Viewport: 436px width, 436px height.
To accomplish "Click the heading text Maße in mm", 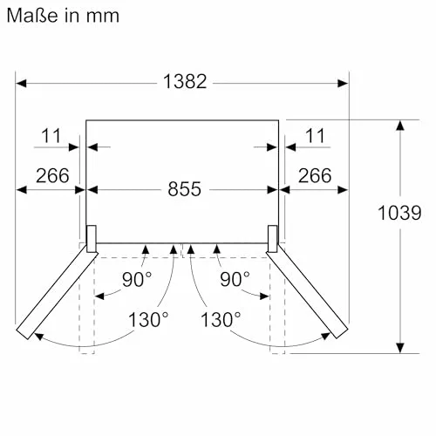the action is click(63, 16).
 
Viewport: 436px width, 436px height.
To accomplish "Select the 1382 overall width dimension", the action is click(185, 81).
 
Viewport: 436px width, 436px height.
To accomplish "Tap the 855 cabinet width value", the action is click(184, 189).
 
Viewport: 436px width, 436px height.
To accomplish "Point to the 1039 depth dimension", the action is click(399, 213).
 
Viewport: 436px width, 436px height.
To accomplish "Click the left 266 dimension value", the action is click(52, 175).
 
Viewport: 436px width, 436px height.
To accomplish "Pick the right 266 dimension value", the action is click(315, 175).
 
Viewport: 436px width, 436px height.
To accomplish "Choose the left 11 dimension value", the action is click(51, 136).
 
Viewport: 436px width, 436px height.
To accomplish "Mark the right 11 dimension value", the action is click(315, 136).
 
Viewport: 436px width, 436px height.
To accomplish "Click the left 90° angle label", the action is click(137, 279).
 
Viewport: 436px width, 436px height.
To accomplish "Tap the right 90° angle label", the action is click(235, 279).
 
